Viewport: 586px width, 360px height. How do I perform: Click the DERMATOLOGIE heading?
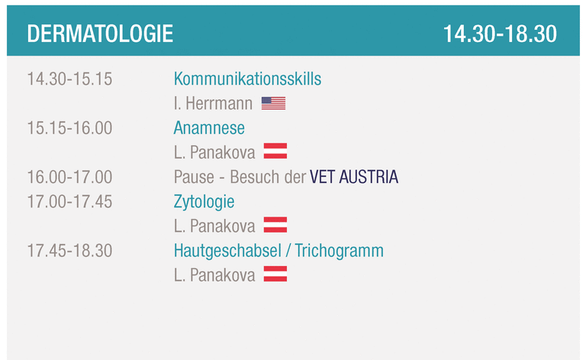tap(100, 34)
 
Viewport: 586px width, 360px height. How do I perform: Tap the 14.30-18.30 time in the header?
tap(500, 34)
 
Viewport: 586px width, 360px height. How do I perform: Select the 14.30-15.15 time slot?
tap(69, 79)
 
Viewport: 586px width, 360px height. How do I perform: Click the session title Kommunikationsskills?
tap(247, 79)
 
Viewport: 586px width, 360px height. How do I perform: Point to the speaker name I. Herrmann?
tap(213, 104)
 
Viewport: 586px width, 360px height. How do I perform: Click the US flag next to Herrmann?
tap(274, 104)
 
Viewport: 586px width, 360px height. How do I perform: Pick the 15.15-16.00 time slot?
tap(69, 128)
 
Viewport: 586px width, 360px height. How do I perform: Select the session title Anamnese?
tap(209, 128)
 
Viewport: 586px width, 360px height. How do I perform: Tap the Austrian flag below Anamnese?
tap(275, 151)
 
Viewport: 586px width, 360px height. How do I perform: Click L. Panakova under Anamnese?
tap(214, 153)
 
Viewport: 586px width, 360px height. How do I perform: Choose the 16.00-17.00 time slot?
tap(69, 177)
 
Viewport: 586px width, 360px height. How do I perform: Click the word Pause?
tap(194, 177)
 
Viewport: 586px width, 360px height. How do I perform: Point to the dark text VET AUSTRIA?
tap(354, 177)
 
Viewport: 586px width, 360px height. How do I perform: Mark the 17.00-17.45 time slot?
tap(69, 201)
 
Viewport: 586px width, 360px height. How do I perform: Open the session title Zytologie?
tap(204, 202)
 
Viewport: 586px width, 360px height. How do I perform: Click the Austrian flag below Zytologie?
tap(275, 225)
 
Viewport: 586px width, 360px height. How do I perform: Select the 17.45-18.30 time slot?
tap(69, 251)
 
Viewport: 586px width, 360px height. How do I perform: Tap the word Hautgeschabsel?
tap(227, 251)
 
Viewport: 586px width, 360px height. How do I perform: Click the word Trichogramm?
tap(340, 251)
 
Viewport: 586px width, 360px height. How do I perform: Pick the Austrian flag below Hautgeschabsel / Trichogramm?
tap(275, 274)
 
